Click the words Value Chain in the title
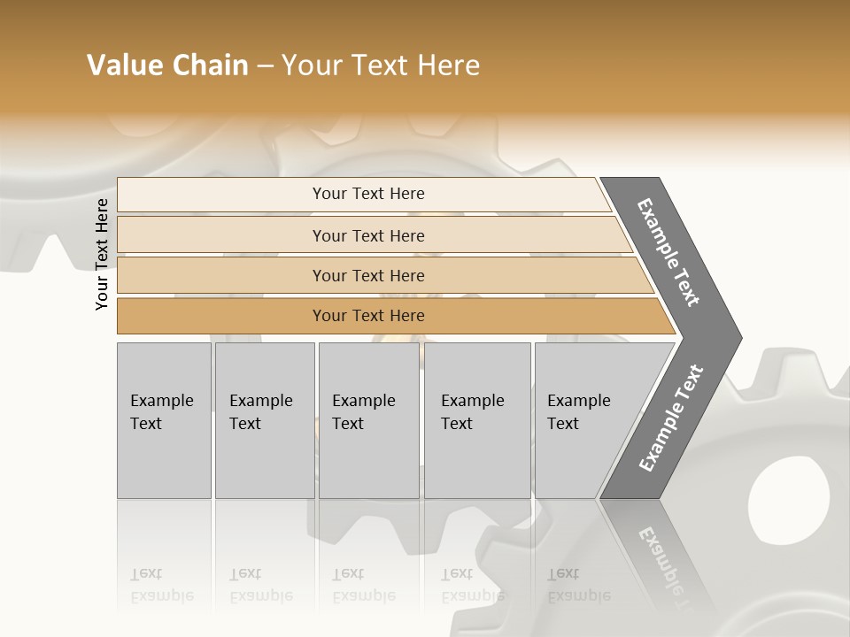[167, 65]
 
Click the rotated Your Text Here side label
[102, 254]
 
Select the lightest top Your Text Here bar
[367, 194]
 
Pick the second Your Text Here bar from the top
[367, 235]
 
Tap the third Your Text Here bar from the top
[367, 275]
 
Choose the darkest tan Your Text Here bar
[367, 316]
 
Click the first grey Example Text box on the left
[164, 420]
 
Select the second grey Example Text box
[265, 420]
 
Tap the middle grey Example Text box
[368, 420]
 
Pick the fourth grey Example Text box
[477, 420]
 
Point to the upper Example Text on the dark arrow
[668, 252]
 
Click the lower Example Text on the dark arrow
[670, 418]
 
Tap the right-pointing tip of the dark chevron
[737, 338]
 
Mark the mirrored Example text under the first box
[161, 595]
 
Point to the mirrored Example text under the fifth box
[579, 595]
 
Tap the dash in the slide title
[265, 65]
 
